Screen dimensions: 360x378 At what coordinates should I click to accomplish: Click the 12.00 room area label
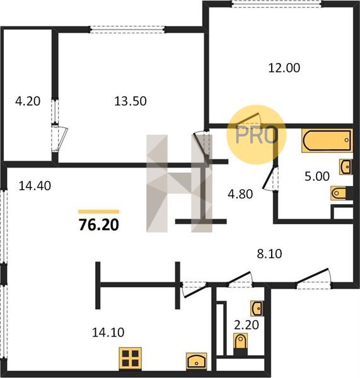click(284, 68)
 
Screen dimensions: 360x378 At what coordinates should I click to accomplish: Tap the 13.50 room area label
click(131, 101)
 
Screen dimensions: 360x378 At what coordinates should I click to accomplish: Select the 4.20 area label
click(28, 101)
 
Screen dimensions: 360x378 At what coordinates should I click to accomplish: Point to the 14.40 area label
click(35, 186)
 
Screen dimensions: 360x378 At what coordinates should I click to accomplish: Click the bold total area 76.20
click(99, 225)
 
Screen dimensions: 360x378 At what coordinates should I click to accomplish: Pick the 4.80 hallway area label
click(240, 194)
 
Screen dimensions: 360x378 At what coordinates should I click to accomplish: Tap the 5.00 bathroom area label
click(317, 176)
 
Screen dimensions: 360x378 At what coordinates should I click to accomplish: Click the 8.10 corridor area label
click(269, 254)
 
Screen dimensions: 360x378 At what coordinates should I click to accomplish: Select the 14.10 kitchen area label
click(108, 332)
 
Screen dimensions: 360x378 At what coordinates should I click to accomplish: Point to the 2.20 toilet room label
click(247, 324)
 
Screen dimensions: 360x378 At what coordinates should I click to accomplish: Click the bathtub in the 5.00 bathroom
click(327, 140)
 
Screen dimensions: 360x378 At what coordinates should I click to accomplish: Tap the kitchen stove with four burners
click(131, 358)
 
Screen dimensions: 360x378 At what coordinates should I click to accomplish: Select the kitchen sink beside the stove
click(197, 360)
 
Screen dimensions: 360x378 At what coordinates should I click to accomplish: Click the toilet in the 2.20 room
click(240, 343)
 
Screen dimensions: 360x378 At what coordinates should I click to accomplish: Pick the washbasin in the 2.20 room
click(257, 308)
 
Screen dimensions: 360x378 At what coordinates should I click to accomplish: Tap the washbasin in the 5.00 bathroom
click(345, 166)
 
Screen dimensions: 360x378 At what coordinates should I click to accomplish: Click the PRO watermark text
click(257, 135)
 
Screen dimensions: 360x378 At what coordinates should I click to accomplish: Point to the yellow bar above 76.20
click(99, 212)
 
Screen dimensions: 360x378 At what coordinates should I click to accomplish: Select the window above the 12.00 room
click(277, 4)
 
